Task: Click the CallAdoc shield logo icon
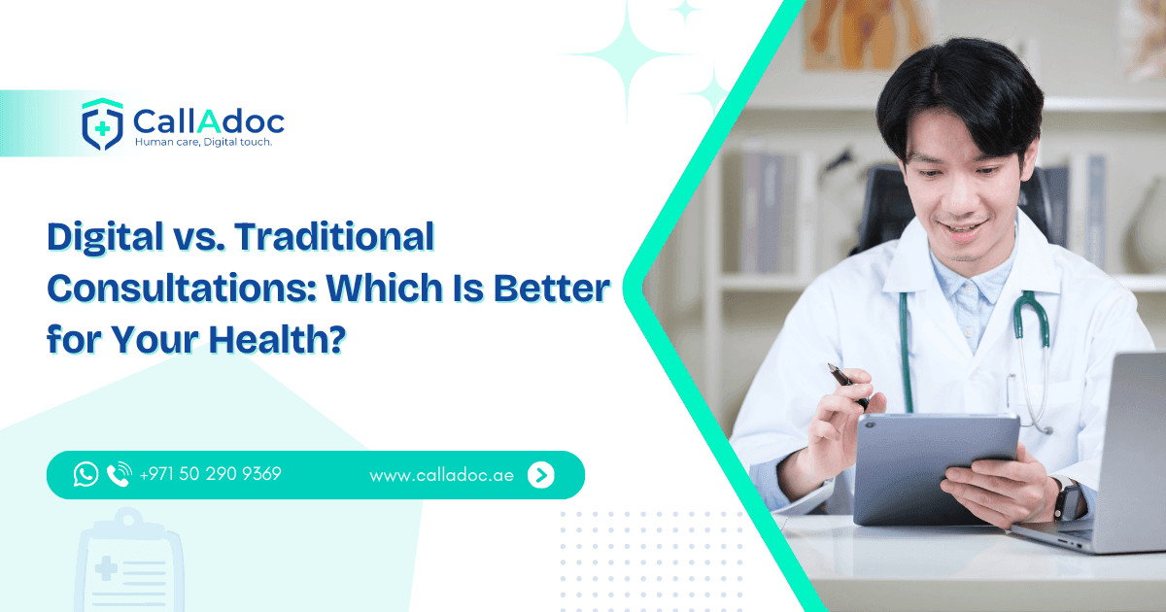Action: point(102,123)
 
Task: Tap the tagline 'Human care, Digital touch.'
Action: point(202,143)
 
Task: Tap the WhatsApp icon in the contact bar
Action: point(86,474)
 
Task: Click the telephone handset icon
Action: point(119,474)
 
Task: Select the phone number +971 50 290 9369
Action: point(211,474)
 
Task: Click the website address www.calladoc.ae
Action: point(441,475)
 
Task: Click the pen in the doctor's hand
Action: point(847,385)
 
